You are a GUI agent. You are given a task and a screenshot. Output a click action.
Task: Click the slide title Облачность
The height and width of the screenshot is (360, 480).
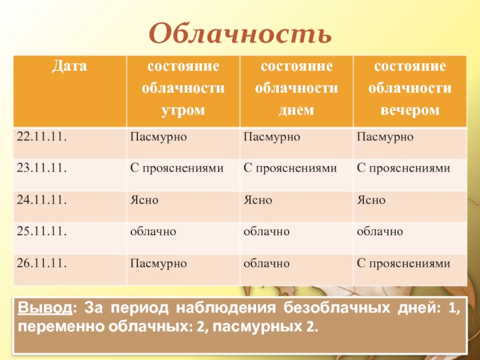pyautogui.click(x=240, y=34)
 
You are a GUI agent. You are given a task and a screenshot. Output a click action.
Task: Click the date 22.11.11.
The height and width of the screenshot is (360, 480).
pyautogui.click(x=41, y=137)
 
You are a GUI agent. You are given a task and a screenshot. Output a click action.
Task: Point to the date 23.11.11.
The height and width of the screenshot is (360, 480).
pyautogui.click(x=41, y=169)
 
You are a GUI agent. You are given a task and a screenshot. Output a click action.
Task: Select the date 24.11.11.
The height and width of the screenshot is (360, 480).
pyautogui.click(x=41, y=200)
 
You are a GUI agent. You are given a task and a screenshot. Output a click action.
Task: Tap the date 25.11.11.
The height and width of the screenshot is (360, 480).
pyautogui.click(x=41, y=231)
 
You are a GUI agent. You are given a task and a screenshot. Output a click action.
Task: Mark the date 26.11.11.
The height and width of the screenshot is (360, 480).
pyautogui.click(x=41, y=262)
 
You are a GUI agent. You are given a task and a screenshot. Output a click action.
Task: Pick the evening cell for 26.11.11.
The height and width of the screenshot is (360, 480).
pyautogui.click(x=403, y=263)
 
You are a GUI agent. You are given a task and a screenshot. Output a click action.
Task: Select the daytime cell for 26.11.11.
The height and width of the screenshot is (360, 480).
pyautogui.click(x=267, y=263)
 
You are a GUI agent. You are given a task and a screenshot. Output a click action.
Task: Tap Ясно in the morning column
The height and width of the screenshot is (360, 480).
pyautogui.click(x=145, y=200)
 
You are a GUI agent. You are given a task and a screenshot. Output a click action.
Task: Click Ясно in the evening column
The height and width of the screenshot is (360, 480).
pyautogui.click(x=371, y=200)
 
